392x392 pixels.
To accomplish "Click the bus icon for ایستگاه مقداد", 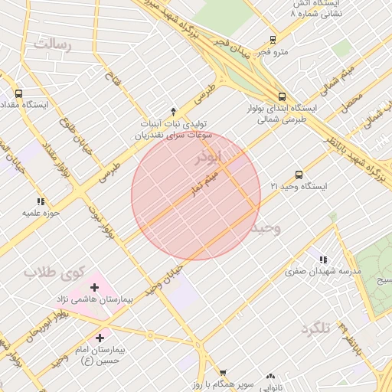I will coord(18,93).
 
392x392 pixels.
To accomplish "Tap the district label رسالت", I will coord(51,44).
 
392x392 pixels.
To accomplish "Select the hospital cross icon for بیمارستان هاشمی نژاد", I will coord(94,287).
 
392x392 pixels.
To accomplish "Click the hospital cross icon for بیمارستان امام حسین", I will coord(100,337).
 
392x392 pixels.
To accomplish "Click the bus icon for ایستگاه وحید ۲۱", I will coord(299,175).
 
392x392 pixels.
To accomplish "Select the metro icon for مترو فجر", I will coord(273,41).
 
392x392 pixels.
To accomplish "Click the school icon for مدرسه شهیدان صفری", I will coord(322,260).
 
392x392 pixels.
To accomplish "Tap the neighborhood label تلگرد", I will coord(315,328).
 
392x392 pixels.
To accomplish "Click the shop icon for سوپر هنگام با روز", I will coord(223,373).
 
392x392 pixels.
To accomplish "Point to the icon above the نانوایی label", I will coord(269,377).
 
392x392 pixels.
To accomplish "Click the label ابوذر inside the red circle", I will coord(208,158).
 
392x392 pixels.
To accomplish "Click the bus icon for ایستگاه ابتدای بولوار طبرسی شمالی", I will coord(283,96).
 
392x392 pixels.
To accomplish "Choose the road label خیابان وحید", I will coord(166,279).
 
